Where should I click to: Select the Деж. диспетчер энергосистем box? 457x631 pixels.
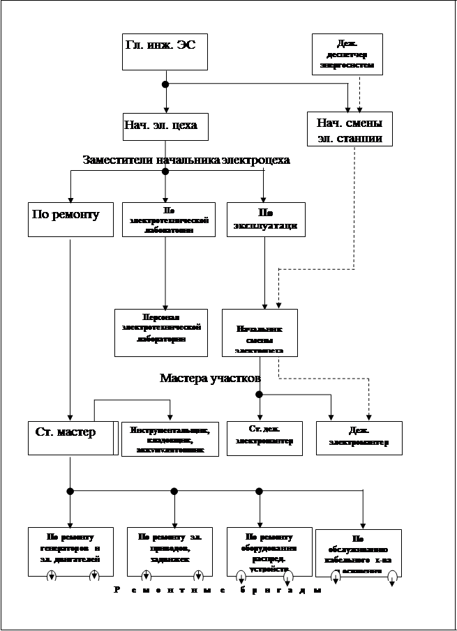click(x=346, y=54)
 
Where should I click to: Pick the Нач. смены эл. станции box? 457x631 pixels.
click(x=350, y=130)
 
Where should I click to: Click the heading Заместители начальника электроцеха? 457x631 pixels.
click(x=186, y=161)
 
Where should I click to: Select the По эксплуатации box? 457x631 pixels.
click(x=266, y=219)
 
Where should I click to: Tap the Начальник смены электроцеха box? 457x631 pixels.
click(x=260, y=333)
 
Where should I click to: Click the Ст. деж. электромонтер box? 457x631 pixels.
click(x=264, y=439)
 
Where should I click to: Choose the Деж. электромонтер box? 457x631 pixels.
click(x=359, y=439)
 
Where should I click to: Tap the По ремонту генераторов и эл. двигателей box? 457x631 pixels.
click(x=70, y=551)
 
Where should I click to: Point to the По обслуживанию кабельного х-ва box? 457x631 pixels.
click(x=358, y=553)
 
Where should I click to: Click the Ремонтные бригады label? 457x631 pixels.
click(x=217, y=591)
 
